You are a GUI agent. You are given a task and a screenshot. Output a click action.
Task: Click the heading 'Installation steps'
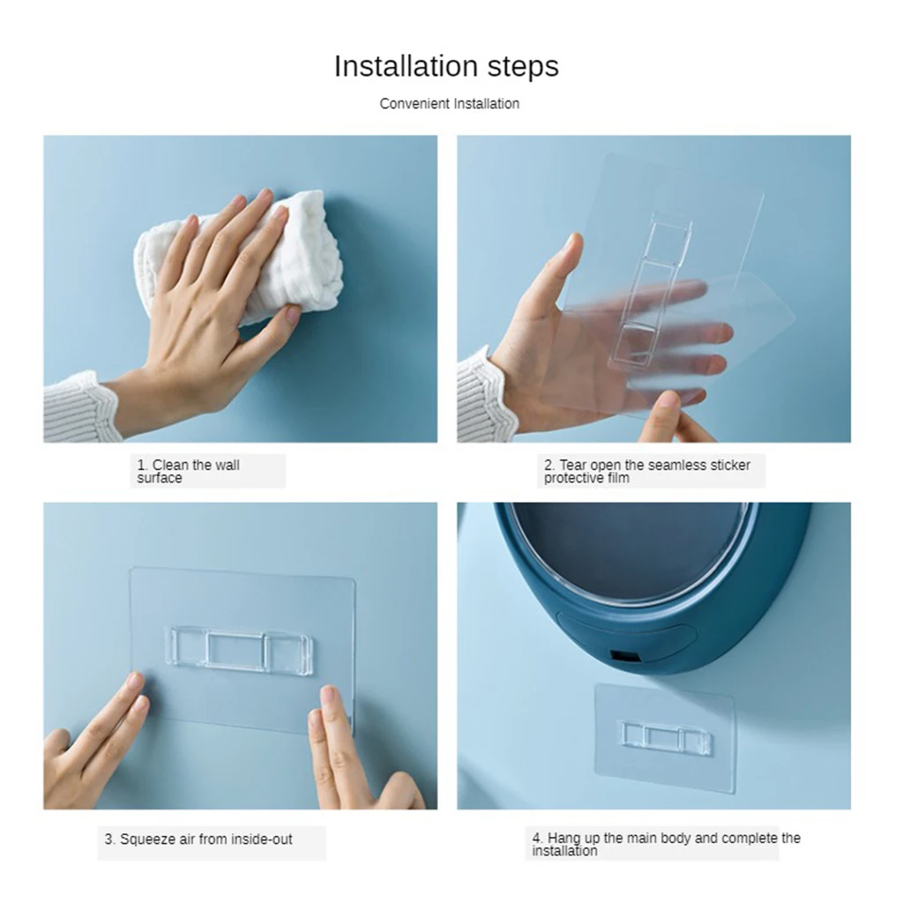446,67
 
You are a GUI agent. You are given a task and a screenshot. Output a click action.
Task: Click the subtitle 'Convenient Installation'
449,104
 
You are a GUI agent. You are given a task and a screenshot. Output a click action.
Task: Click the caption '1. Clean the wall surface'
188,471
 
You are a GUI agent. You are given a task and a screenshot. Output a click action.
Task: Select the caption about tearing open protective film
646,471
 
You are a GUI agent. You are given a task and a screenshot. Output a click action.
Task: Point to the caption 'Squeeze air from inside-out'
198,840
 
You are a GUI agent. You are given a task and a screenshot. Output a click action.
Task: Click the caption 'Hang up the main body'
666,844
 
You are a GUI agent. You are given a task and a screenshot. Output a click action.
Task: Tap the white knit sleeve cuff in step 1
81,407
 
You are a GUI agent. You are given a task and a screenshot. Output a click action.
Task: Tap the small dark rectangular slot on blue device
623,657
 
